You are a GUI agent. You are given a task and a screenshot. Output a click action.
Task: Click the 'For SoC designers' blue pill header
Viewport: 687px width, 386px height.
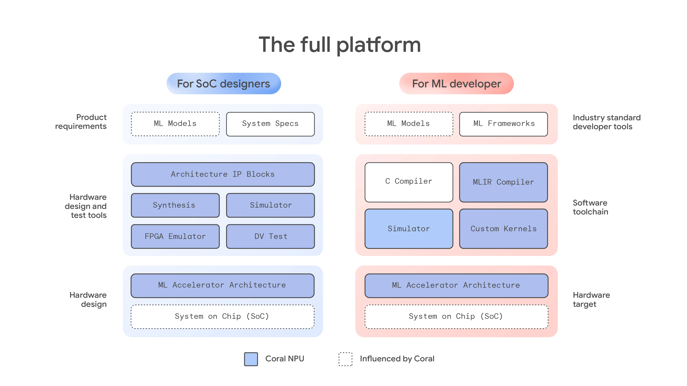click(223, 84)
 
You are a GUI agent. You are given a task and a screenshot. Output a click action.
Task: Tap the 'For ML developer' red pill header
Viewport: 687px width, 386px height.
click(456, 84)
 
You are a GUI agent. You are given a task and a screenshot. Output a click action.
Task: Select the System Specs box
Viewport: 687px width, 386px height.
click(270, 124)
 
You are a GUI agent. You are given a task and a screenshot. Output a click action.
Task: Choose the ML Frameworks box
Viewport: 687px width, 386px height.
click(503, 124)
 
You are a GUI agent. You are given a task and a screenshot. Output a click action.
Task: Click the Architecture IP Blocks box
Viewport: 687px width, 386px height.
click(223, 174)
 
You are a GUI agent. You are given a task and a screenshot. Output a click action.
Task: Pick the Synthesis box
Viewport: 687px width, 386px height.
click(175, 205)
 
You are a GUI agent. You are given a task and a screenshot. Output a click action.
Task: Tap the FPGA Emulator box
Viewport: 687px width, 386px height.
click(175, 236)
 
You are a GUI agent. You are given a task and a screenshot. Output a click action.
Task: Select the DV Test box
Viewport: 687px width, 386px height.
click(270, 236)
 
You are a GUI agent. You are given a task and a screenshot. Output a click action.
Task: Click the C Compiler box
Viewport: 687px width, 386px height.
click(409, 182)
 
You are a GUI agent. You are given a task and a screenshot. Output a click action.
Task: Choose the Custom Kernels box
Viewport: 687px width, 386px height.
click(503, 229)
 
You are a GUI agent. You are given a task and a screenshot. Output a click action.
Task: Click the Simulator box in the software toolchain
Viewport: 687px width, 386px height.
click(409, 229)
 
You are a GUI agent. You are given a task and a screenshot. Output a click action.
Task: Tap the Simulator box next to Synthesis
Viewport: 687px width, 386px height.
click(270, 205)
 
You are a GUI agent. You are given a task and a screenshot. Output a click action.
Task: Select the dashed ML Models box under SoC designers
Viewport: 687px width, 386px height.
click(175, 124)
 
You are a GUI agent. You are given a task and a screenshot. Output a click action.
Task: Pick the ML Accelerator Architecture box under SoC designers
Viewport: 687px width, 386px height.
click(222, 285)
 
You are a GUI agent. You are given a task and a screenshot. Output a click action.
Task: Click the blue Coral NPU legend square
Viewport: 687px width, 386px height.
click(251, 359)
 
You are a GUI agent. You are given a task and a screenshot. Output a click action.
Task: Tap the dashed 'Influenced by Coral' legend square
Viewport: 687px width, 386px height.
click(345, 359)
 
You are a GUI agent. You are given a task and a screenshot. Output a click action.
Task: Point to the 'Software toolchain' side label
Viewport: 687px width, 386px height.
click(590, 207)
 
